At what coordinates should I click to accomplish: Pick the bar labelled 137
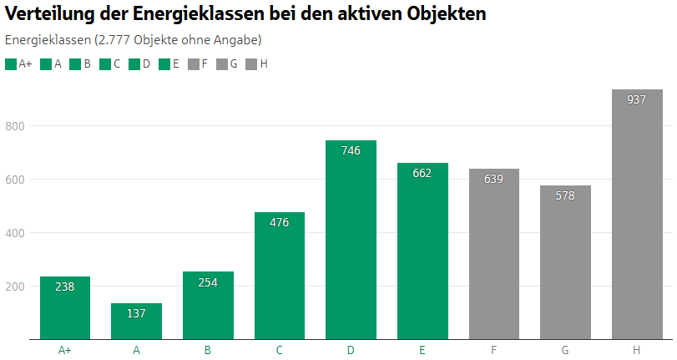(136, 322)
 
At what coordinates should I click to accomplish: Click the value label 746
(351, 151)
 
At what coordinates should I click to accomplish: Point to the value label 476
(280, 223)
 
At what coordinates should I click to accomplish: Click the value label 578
(565, 195)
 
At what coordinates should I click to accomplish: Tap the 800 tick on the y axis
(18, 126)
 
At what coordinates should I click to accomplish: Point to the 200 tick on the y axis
(18, 286)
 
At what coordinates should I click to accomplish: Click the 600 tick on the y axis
(18, 180)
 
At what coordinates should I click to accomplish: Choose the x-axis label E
(422, 350)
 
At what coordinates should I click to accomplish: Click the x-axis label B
(208, 350)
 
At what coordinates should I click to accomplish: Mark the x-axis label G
(565, 350)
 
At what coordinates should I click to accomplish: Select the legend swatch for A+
(10, 63)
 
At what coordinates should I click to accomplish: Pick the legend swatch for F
(194, 63)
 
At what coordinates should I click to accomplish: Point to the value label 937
(637, 99)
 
